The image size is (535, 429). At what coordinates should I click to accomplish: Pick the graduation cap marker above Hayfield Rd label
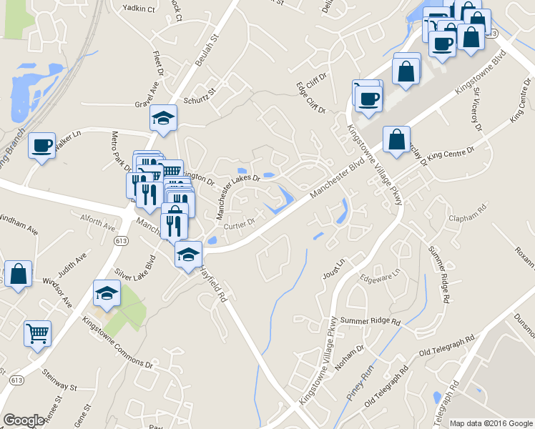(x=188, y=254)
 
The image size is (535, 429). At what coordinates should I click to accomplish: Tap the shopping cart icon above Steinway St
(x=38, y=332)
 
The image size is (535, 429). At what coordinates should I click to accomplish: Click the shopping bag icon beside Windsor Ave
(x=18, y=274)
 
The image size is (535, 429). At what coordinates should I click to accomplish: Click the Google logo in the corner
(x=24, y=420)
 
